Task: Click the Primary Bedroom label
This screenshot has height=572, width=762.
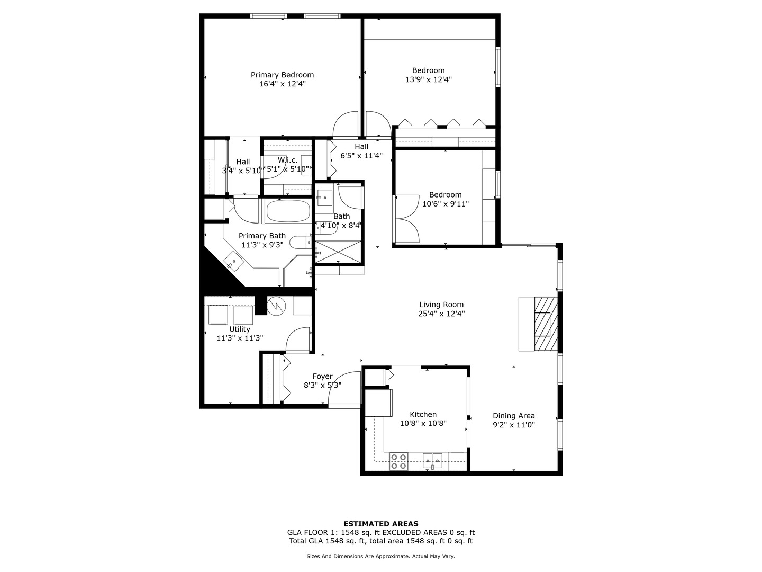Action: [282, 75]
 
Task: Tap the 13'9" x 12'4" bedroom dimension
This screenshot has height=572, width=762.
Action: [428, 79]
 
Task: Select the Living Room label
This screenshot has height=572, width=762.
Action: [441, 305]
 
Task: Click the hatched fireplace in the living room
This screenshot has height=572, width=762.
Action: [546, 324]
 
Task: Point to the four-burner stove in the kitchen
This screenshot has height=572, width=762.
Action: [398, 461]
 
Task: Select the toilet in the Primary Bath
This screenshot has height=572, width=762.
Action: [300, 242]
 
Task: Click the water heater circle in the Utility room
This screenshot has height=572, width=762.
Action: [276, 306]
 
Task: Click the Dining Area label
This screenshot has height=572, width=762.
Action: [513, 416]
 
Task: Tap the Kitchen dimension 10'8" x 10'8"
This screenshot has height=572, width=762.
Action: [423, 423]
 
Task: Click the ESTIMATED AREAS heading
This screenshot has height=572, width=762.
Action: [380, 524]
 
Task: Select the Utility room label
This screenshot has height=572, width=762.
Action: [240, 329]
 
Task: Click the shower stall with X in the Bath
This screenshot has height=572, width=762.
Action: [339, 252]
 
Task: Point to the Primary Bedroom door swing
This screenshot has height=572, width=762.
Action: [346, 125]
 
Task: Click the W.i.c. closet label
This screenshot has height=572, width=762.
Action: [288, 160]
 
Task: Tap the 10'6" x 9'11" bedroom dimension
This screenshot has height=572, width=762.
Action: [445, 203]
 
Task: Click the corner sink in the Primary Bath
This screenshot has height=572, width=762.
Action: [233, 261]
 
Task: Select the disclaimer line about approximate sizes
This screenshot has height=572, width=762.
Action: [380, 556]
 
